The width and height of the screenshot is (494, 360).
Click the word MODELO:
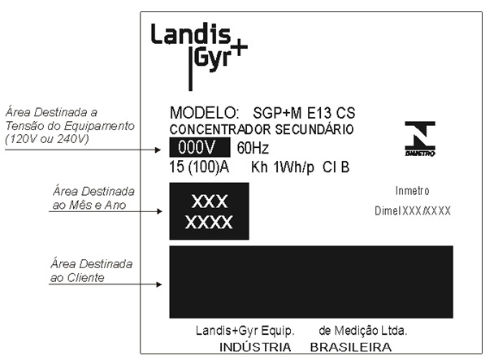coord(204,112)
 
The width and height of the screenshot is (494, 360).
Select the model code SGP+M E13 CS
coord(304,113)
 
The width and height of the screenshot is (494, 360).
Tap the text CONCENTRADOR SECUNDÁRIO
coord(262,129)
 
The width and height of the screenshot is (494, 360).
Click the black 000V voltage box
coord(200,147)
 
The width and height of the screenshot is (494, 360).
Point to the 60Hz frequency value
coord(253,148)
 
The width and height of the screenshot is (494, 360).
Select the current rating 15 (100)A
coord(199,167)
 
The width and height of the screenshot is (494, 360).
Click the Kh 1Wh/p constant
coord(283,167)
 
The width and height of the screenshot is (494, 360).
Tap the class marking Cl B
coord(336,167)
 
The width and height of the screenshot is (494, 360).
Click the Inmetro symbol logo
coord(420,139)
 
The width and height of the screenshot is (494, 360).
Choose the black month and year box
coord(209,211)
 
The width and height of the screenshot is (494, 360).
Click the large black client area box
coord(311,282)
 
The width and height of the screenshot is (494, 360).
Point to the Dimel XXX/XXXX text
coord(413,211)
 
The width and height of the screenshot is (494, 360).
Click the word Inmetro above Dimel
coord(413,191)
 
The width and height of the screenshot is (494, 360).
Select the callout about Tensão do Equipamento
coord(70,125)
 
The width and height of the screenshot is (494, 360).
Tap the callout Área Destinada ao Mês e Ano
coord(93,198)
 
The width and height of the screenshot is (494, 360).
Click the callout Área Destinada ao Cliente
coord(91,271)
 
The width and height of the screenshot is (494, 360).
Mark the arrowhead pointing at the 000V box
coord(158,150)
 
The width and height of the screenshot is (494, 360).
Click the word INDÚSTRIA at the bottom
coord(255,347)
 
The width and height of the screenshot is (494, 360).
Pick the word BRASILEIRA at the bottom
coord(351,347)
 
